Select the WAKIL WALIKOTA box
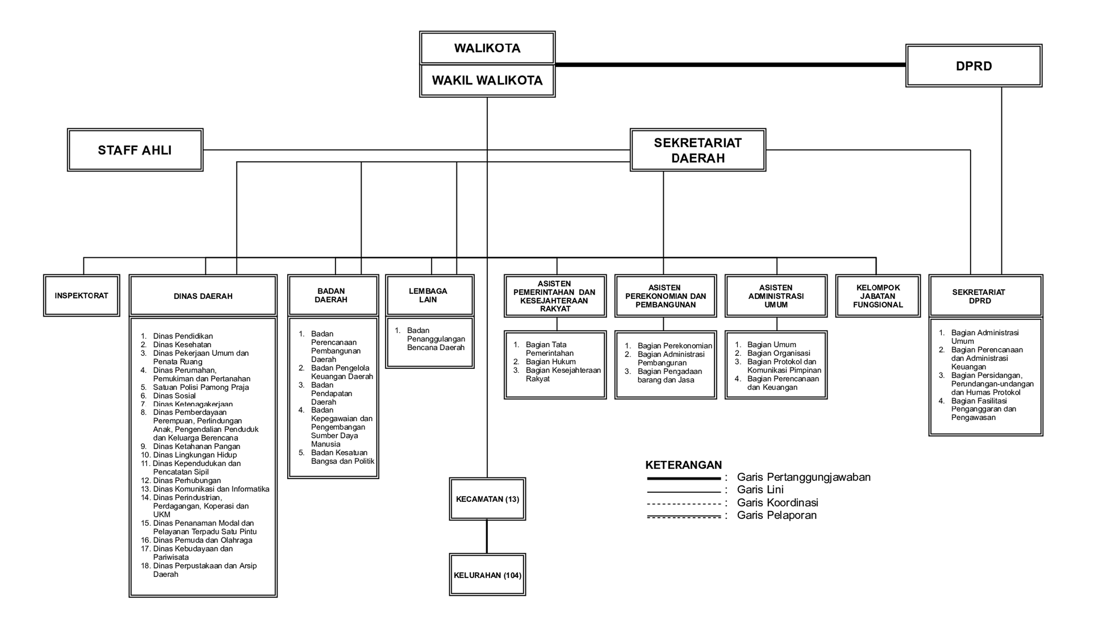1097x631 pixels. click(x=487, y=81)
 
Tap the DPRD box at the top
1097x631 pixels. click(x=974, y=66)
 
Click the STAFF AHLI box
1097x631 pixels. click(x=135, y=150)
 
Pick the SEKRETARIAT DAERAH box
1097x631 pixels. click(x=698, y=150)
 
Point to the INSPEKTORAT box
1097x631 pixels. click(x=81, y=296)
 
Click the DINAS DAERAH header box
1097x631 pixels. click(x=203, y=296)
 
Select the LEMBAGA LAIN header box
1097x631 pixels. click(x=430, y=295)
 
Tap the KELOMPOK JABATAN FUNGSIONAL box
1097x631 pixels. click(x=878, y=296)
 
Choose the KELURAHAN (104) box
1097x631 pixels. click(x=487, y=575)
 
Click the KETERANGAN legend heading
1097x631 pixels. click(x=683, y=465)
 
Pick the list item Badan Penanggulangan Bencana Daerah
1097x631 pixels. click(x=435, y=339)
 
